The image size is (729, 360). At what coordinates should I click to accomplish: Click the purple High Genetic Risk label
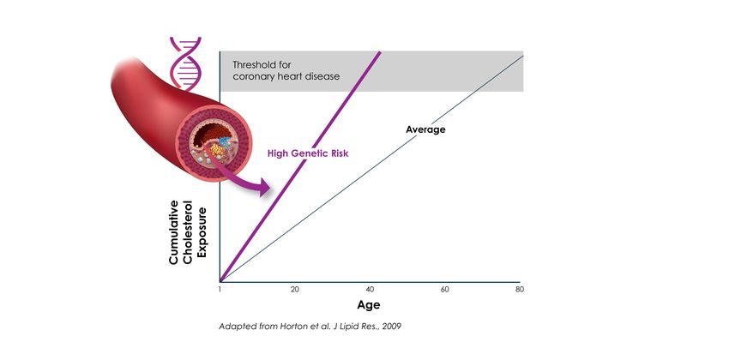click(x=308, y=153)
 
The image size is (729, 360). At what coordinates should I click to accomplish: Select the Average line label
click(x=425, y=129)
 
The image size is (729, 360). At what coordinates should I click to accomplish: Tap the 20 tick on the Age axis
click(x=294, y=290)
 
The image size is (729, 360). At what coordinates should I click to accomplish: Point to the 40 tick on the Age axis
click(x=370, y=290)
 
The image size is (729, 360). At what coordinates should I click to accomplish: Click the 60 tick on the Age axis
click(x=444, y=290)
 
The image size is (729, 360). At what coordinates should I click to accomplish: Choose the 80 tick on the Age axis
click(x=520, y=290)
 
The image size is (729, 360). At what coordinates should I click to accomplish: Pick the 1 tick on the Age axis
click(x=220, y=290)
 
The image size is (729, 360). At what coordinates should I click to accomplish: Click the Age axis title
click(x=369, y=305)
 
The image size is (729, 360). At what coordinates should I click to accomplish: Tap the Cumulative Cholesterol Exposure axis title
click(x=187, y=232)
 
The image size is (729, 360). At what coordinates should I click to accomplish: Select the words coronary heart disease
click(x=286, y=76)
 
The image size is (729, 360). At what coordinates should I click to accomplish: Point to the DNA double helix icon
click(x=185, y=63)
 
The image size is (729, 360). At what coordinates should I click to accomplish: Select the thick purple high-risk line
click(x=300, y=167)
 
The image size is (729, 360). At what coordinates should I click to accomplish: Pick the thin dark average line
click(x=371, y=169)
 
